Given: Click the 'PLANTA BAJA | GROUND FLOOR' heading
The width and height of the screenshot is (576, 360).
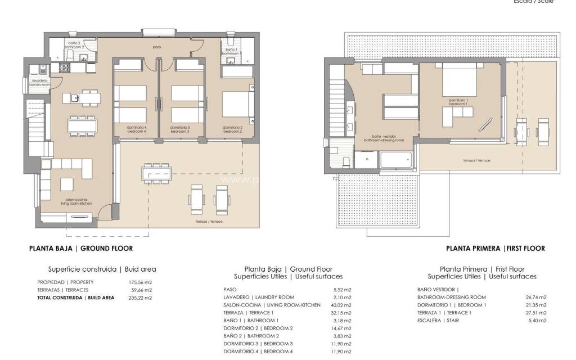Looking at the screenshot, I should [x=81, y=248].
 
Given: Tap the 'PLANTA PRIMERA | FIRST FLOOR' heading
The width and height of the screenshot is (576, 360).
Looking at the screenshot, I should [x=495, y=248].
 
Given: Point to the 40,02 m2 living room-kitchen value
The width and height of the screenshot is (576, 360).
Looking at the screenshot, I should [x=342, y=305].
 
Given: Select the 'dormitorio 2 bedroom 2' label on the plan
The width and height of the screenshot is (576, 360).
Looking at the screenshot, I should [x=232, y=129].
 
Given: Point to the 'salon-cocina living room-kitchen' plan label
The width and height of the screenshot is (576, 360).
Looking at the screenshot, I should [x=78, y=202].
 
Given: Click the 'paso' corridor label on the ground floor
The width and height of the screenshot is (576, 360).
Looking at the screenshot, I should [x=157, y=47].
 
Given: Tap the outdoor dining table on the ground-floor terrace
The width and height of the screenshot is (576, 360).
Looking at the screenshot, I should [x=156, y=173].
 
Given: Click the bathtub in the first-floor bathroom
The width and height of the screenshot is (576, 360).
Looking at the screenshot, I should [x=397, y=160].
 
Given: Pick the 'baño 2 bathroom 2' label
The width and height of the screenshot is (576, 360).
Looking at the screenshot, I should [x=74, y=45].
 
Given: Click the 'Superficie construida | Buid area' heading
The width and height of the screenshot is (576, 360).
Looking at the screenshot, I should [x=102, y=269].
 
